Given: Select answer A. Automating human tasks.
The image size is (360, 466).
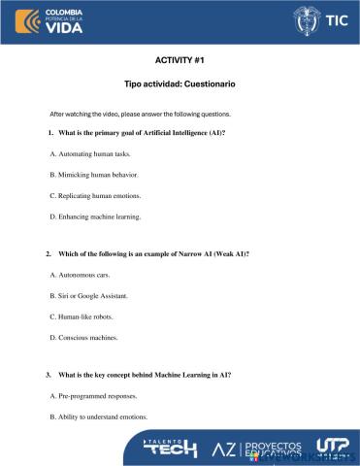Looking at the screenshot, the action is click(x=89, y=153).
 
